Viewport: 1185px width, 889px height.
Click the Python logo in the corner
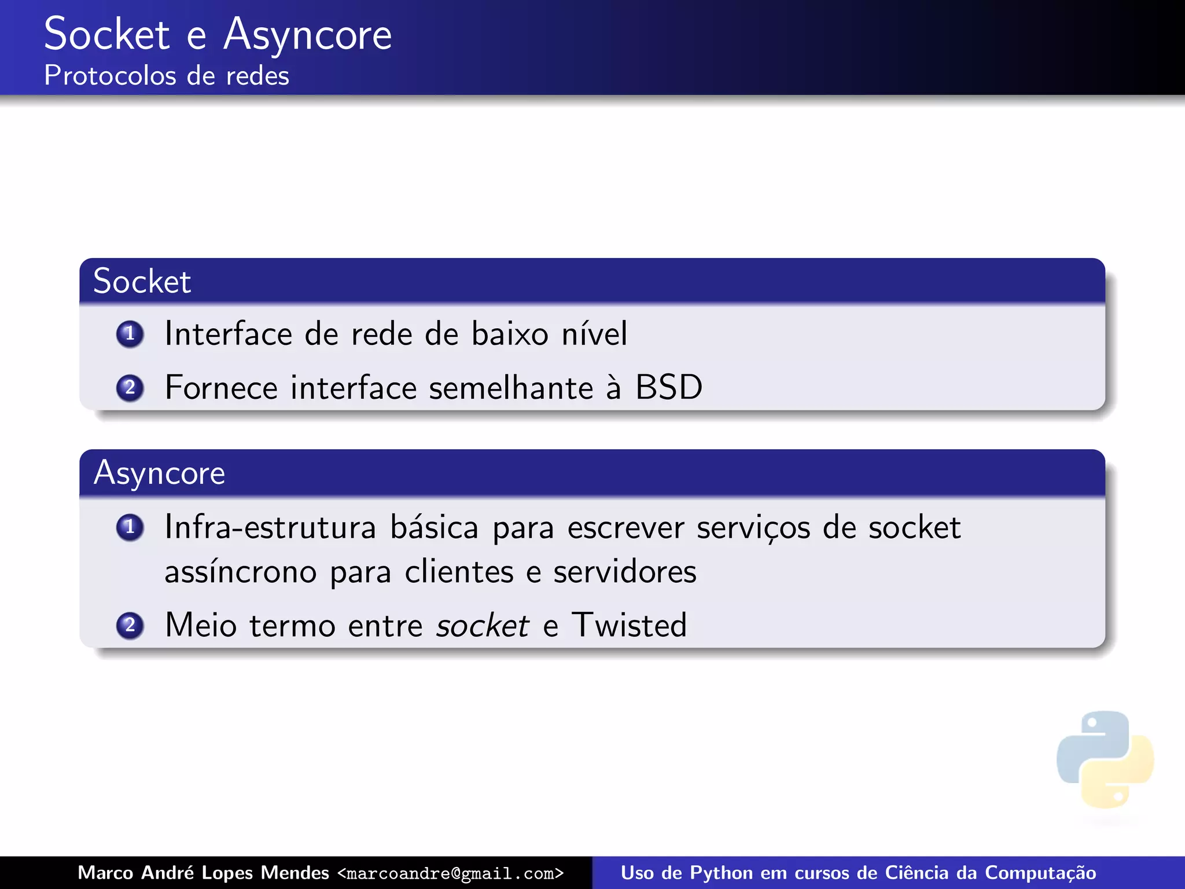tap(1105, 759)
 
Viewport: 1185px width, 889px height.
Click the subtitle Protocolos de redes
tap(167, 76)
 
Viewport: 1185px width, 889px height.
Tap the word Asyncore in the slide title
tap(307, 35)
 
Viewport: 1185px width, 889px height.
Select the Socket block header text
tap(142, 282)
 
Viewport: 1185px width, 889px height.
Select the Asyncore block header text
tap(159, 473)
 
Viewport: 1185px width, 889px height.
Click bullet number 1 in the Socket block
tap(130, 334)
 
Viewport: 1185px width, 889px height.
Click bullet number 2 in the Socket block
tap(130, 388)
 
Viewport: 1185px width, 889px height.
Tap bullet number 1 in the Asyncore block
tap(130, 527)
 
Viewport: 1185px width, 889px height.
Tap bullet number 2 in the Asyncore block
tap(130, 626)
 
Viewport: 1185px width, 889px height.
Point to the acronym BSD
tap(669, 387)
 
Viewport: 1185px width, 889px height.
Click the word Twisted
tap(629, 625)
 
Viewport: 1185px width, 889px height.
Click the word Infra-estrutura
tap(270, 527)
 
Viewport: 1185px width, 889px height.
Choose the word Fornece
tap(221, 388)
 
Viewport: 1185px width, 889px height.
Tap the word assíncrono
tap(240, 572)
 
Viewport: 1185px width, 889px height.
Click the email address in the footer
tap(450, 873)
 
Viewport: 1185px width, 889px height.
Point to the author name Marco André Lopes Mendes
tap(203, 873)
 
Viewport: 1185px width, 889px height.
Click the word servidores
tap(624, 572)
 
